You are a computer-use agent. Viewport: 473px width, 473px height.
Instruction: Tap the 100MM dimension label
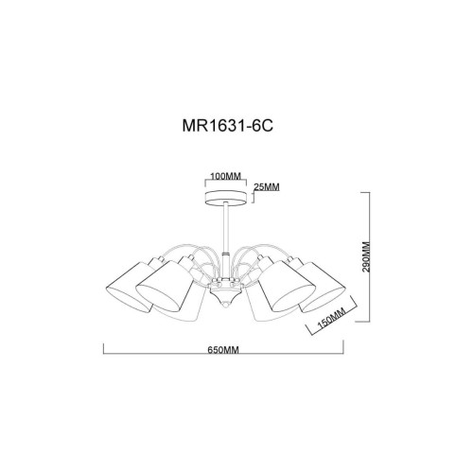(223, 176)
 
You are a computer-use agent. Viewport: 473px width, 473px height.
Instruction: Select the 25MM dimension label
(267, 187)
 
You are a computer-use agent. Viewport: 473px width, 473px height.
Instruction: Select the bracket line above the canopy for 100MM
(224, 183)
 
